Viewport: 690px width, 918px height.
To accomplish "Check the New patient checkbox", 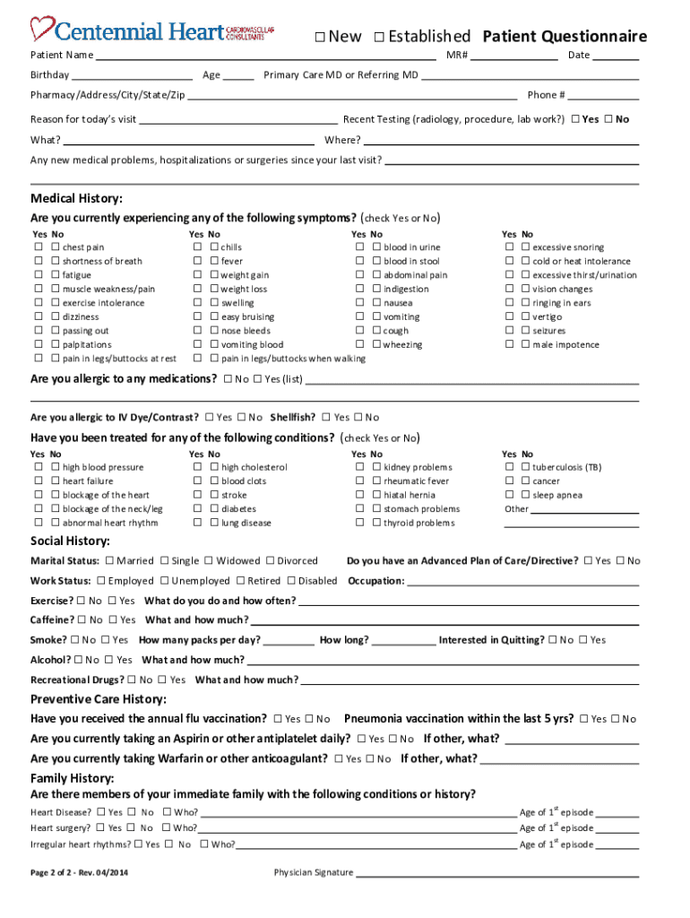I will coord(320,37).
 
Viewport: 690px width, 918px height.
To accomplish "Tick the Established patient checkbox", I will coord(379,37).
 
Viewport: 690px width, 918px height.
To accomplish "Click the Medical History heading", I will coord(76,198).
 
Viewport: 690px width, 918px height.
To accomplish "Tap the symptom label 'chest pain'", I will coord(83,247).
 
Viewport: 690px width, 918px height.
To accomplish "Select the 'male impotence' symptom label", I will coord(566,345).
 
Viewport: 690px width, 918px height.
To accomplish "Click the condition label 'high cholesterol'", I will coord(254,468).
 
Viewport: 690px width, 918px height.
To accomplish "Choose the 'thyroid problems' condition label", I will coord(419,524).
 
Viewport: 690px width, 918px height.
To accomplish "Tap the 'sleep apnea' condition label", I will coord(557,496).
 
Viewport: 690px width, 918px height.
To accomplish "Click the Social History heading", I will coord(70,541).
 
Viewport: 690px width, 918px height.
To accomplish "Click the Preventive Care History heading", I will coord(99,699).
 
